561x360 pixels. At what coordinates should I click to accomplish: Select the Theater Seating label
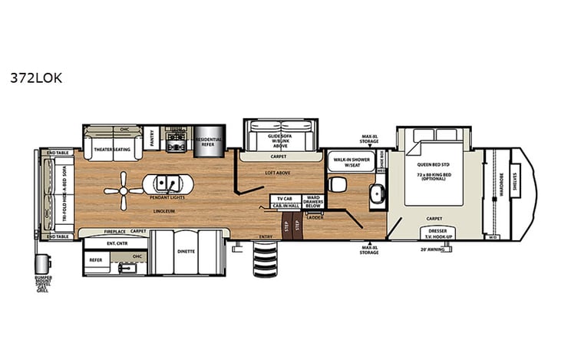click(113, 140)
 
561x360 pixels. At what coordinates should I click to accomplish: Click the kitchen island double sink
click(163, 184)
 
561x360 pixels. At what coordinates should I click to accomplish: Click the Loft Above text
click(277, 173)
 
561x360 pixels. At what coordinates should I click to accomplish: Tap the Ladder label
click(315, 217)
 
